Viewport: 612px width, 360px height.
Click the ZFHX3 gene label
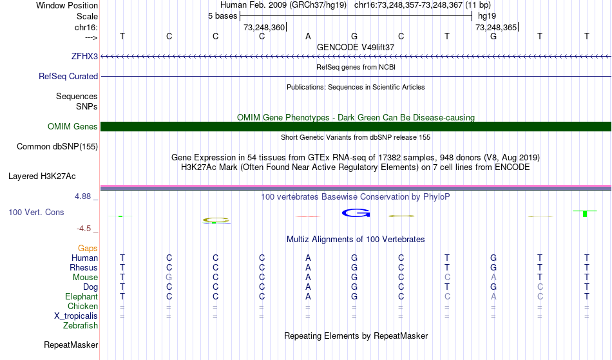[x=84, y=56]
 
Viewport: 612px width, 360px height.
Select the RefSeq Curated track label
[x=68, y=76]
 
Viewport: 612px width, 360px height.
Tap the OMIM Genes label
[x=72, y=126]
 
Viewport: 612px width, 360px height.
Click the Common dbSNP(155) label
[x=57, y=147]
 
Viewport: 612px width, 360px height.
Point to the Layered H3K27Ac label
[x=42, y=176]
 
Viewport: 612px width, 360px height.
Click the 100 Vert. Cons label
[x=36, y=212]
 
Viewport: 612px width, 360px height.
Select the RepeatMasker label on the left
[x=71, y=345]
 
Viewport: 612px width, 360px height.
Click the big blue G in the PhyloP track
[x=356, y=213]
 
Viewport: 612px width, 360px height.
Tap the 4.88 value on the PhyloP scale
[x=82, y=196]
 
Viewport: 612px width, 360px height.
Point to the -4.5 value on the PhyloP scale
[x=84, y=228]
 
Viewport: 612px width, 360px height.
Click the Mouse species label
[x=85, y=278]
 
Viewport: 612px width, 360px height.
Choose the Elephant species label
[x=81, y=296]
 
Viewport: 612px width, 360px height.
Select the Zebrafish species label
[x=81, y=325]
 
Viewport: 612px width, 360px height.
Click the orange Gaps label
[x=88, y=248]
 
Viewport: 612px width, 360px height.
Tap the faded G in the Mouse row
[x=169, y=278]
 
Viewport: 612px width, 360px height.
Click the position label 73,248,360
[x=264, y=27]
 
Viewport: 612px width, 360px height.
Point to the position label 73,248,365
[x=495, y=27]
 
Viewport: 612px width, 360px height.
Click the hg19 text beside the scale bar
[x=487, y=16]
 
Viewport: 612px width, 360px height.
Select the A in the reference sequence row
[x=308, y=36]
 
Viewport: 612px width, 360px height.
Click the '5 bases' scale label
[x=222, y=16]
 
